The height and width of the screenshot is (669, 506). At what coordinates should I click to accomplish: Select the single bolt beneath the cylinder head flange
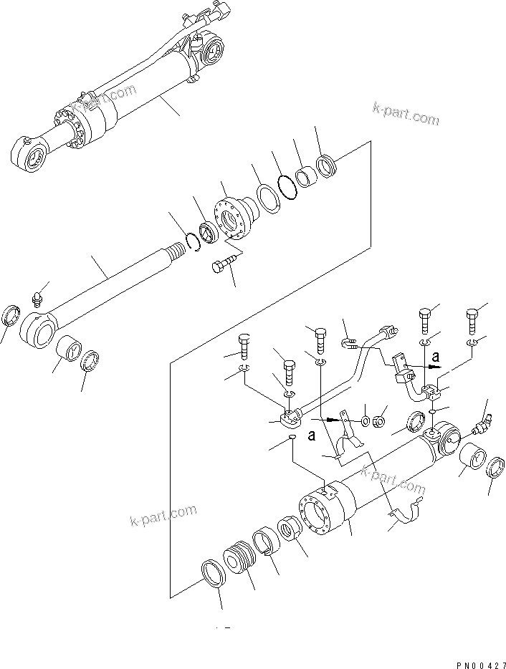click(219, 267)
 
